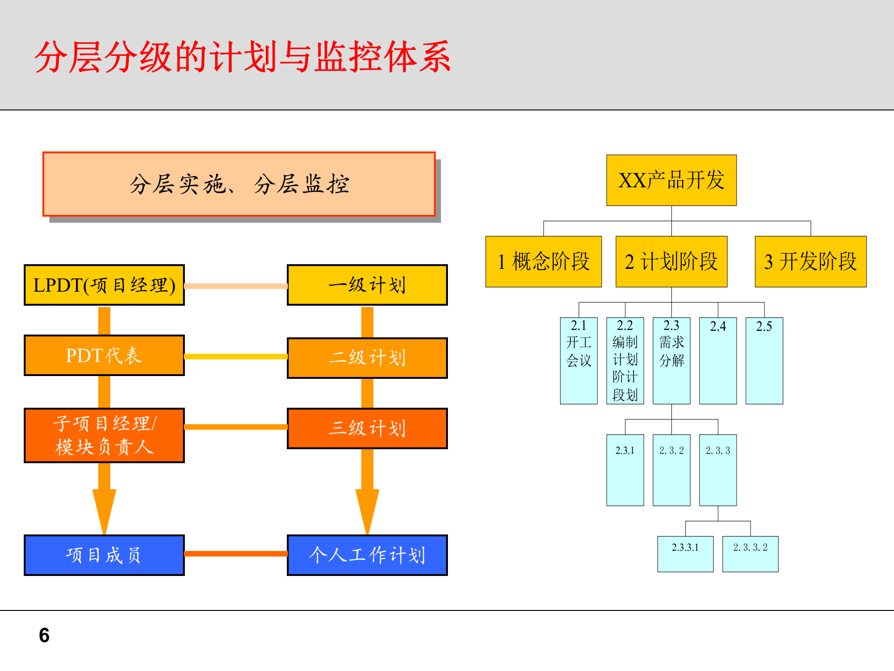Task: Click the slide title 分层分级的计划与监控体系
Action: click(242, 57)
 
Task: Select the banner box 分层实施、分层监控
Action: click(239, 184)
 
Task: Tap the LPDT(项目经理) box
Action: click(104, 285)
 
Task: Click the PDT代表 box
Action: click(104, 355)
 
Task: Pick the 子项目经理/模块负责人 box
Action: click(104, 435)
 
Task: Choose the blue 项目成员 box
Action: click(104, 555)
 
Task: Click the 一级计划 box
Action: click(367, 285)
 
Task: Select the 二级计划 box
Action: click(367, 357)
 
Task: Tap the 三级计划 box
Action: click(367, 428)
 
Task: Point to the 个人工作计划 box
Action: click(367, 555)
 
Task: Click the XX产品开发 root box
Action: click(671, 180)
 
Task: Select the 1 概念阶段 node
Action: click(543, 261)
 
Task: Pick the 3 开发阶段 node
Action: click(811, 261)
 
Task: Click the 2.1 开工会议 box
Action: click(579, 360)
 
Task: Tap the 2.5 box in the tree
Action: click(764, 360)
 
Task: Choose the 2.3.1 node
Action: click(625, 470)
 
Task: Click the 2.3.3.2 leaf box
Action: click(750, 554)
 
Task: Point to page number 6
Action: click(44, 635)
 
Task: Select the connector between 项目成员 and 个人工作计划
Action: click(236, 554)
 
